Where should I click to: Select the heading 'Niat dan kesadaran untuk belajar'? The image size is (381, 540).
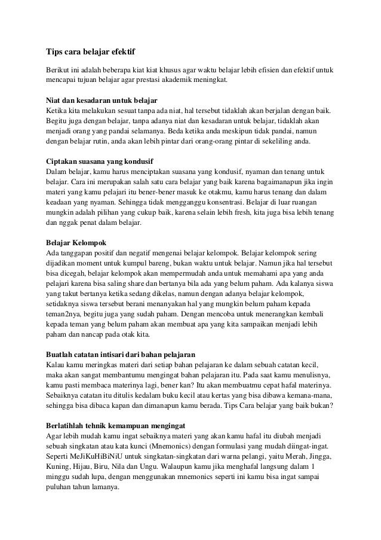tap(102, 99)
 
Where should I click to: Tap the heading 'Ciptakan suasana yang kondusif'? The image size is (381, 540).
tap(99, 161)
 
